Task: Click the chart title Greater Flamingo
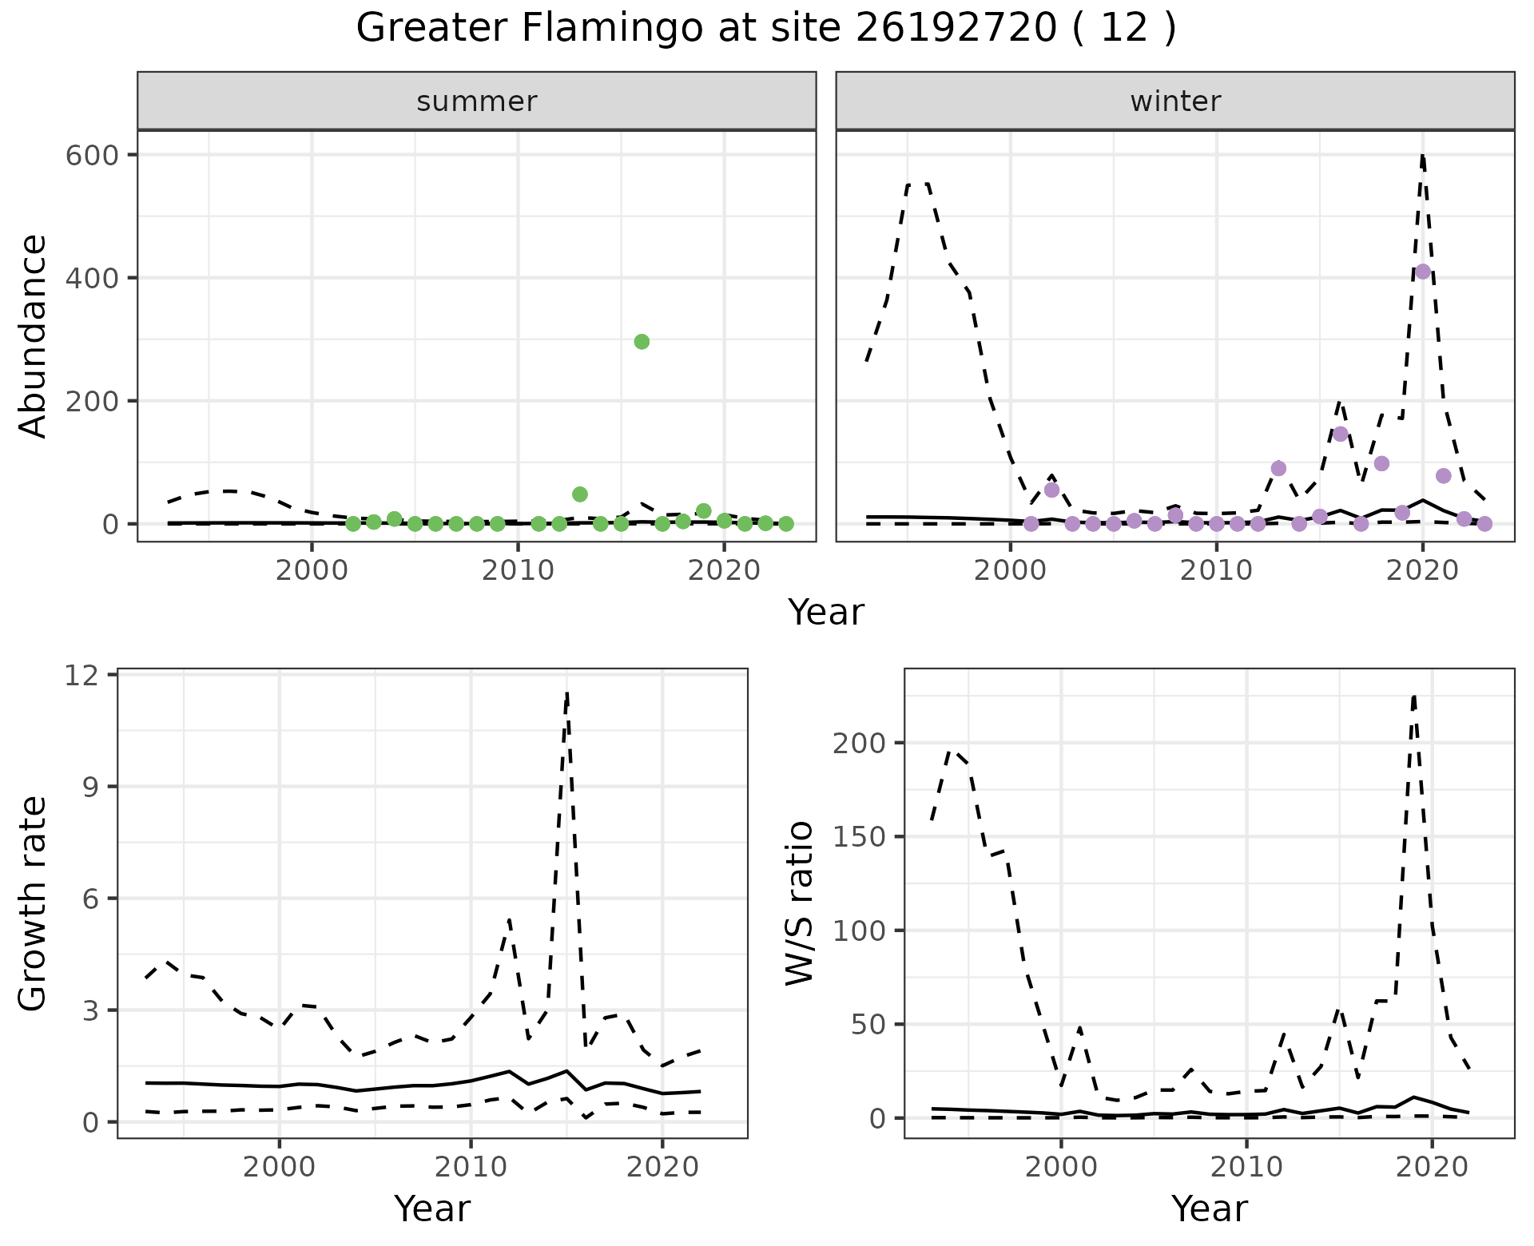coord(765,29)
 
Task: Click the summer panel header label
coord(477,101)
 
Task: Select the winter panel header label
coord(1175,101)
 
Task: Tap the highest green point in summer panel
coord(642,342)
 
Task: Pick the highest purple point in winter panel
coord(1423,272)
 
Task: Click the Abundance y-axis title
coord(34,335)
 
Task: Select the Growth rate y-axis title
coord(34,903)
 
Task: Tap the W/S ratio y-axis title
coord(800,903)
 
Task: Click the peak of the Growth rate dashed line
coord(566,693)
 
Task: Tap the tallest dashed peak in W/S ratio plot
coord(1414,696)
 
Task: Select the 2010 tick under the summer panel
coord(518,570)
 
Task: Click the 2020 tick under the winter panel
coord(1422,570)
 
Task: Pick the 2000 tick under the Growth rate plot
coord(279,1167)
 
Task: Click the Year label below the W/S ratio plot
coord(1209,1208)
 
